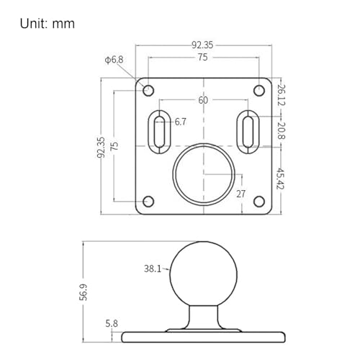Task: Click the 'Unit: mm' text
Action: coord(48,24)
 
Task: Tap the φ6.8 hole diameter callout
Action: coord(114,60)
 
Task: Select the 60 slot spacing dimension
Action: coord(203,100)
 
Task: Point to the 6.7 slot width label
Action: coord(180,122)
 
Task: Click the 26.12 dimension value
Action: coord(281,95)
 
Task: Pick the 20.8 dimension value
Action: coord(281,131)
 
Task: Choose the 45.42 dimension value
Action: coord(280,179)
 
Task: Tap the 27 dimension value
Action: coord(240,194)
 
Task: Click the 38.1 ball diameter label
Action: coord(153,269)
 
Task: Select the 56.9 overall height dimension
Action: coord(84,292)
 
